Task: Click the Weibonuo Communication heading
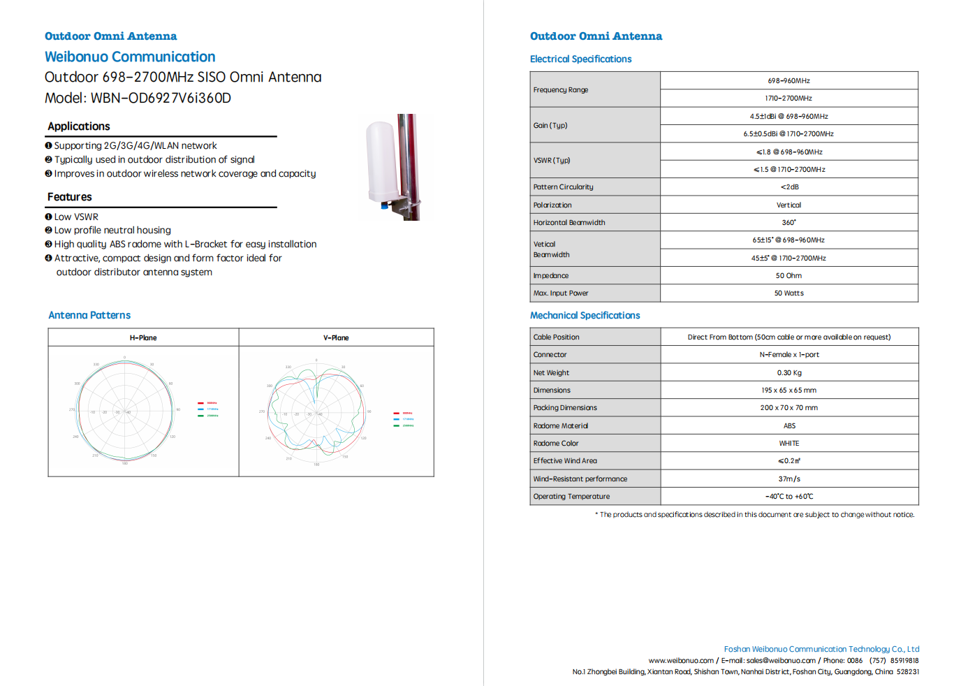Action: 130,57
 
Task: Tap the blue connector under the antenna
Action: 384,205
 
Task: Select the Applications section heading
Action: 79,126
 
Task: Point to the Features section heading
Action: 70,197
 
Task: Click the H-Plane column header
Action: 143,338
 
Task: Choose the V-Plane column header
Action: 336,338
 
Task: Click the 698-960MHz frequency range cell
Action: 789,81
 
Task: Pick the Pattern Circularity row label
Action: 563,187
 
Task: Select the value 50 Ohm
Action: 789,276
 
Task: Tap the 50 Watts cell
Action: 789,293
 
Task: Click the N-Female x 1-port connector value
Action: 789,355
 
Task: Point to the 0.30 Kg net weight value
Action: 789,373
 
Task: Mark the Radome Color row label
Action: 556,444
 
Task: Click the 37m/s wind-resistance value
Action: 789,479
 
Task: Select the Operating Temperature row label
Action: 571,497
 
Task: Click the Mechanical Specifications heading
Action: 585,316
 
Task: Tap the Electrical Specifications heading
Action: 580,59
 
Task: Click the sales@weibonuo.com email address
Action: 781,661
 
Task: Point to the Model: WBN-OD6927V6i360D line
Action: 138,98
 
